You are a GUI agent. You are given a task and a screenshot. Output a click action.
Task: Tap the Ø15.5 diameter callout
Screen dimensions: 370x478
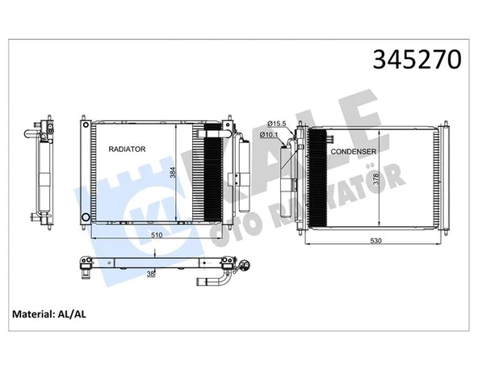click(277, 123)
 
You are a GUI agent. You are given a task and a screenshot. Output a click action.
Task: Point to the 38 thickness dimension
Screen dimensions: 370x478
click(151, 275)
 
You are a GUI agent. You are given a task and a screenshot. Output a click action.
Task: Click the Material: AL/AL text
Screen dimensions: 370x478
click(49, 313)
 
